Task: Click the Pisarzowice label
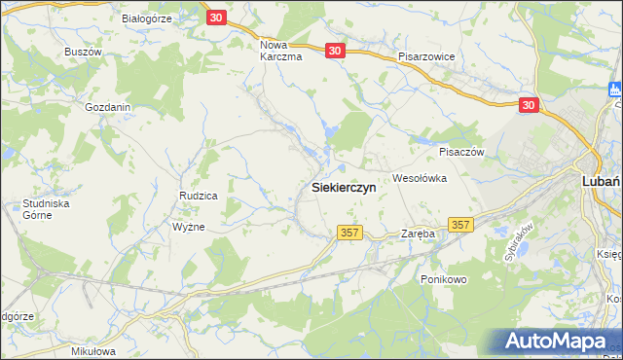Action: [426, 57]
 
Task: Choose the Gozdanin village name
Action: [108, 106]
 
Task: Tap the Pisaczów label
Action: [462, 152]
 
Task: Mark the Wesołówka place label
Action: [419, 178]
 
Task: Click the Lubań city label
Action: [602, 180]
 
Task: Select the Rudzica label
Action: [198, 196]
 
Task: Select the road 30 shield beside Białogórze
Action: [217, 18]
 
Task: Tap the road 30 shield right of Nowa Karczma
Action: [335, 52]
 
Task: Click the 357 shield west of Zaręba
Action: [351, 233]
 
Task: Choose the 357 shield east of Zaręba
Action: [461, 225]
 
